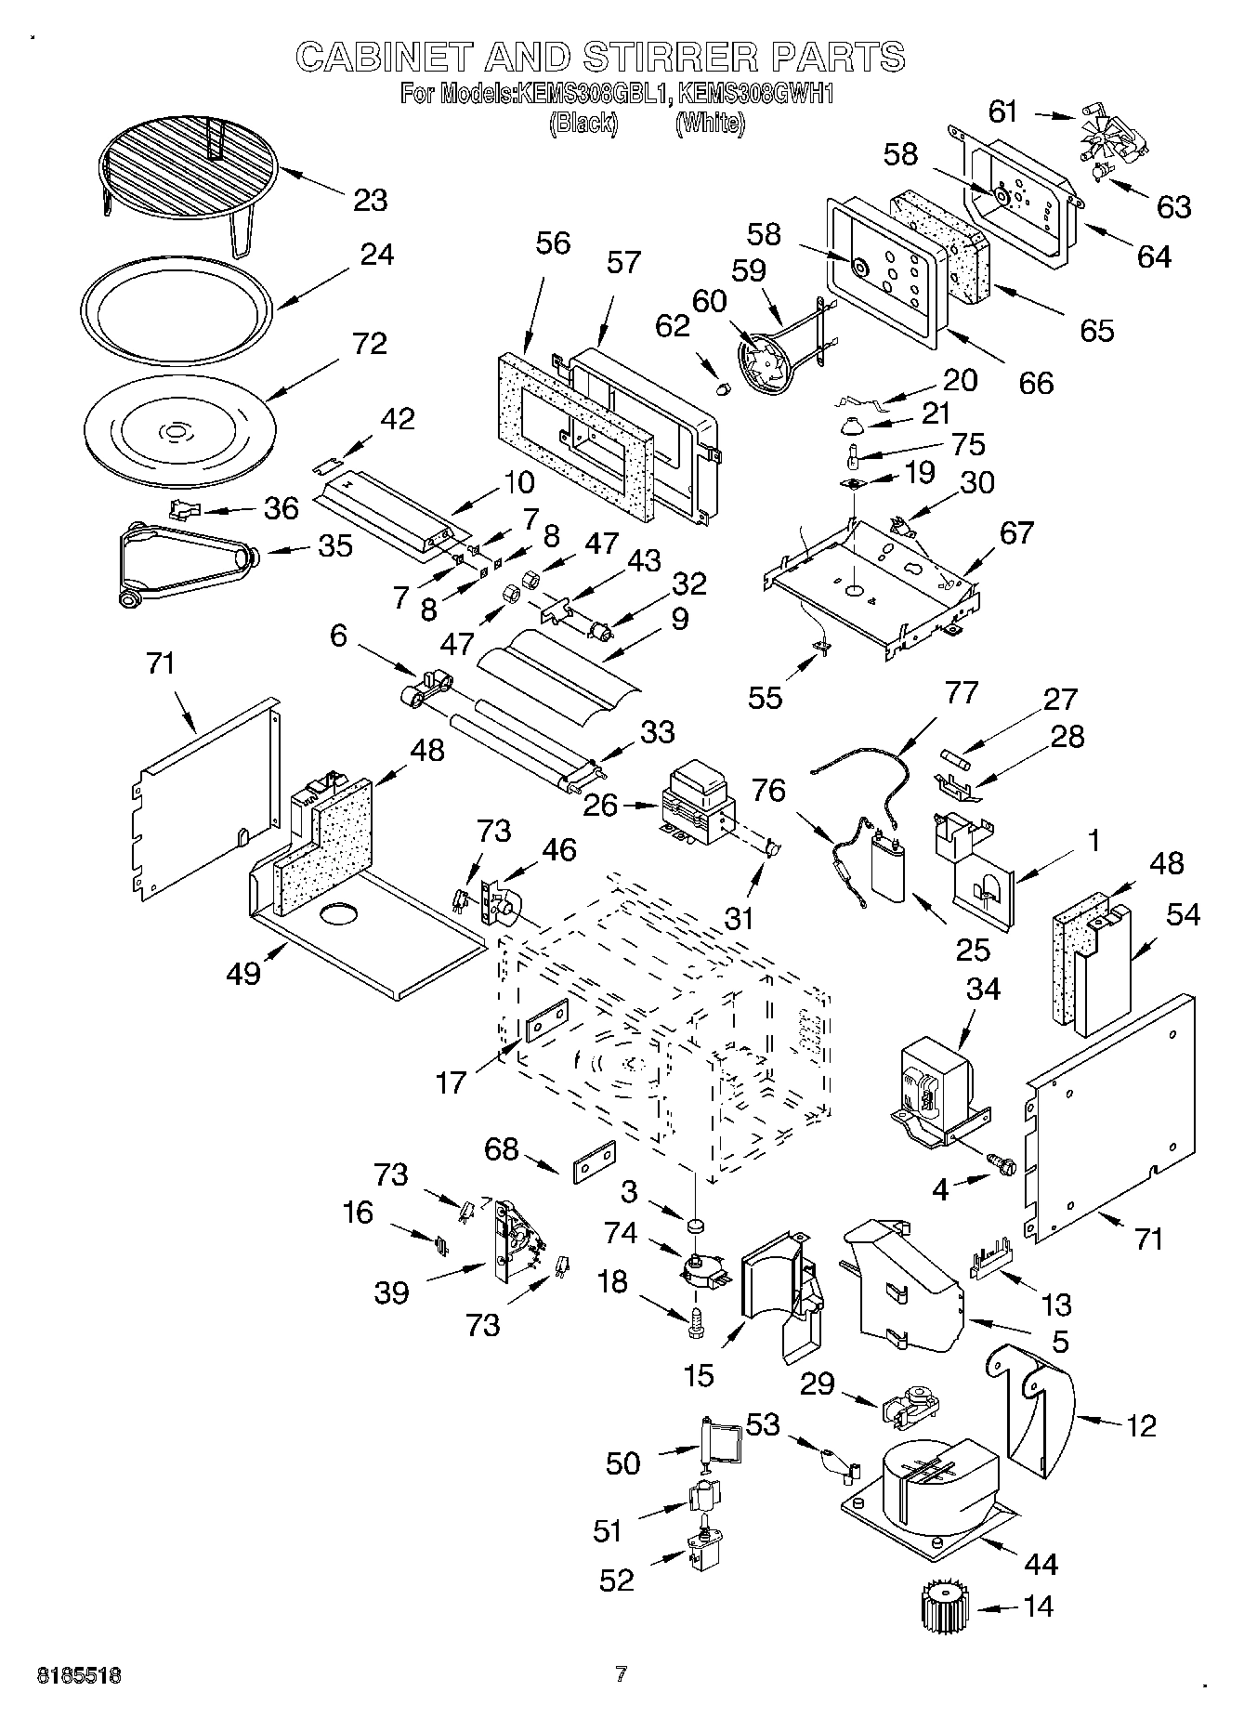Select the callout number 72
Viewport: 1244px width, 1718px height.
point(370,344)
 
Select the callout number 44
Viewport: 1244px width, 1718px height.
point(1040,1565)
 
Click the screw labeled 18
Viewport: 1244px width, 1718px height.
point(693,1322)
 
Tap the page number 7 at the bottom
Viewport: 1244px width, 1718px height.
point(621,1674)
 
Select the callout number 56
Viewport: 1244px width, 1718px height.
point(553,243)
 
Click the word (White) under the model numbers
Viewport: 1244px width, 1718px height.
point(710,124)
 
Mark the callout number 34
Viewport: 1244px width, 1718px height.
point(982,989)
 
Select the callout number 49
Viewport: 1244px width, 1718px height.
point(243,974)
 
